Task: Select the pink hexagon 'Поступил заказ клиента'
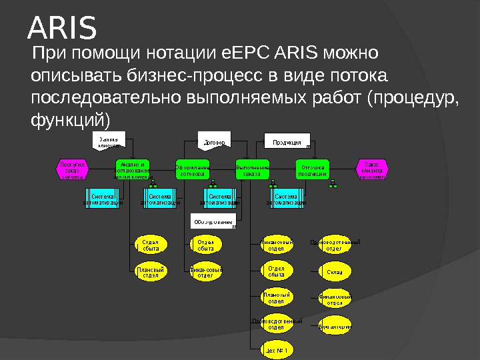point(71,169)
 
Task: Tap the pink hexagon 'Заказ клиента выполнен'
point(372,169)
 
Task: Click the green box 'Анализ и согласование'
point(132,169)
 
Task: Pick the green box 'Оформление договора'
point(193,169)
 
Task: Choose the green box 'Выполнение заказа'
point(253,169)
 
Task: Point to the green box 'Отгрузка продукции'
point(313,169)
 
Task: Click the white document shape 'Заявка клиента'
point(107,141)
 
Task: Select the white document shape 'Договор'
point(214,141)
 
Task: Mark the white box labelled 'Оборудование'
point(214,221)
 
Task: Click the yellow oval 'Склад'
point(334,272)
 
